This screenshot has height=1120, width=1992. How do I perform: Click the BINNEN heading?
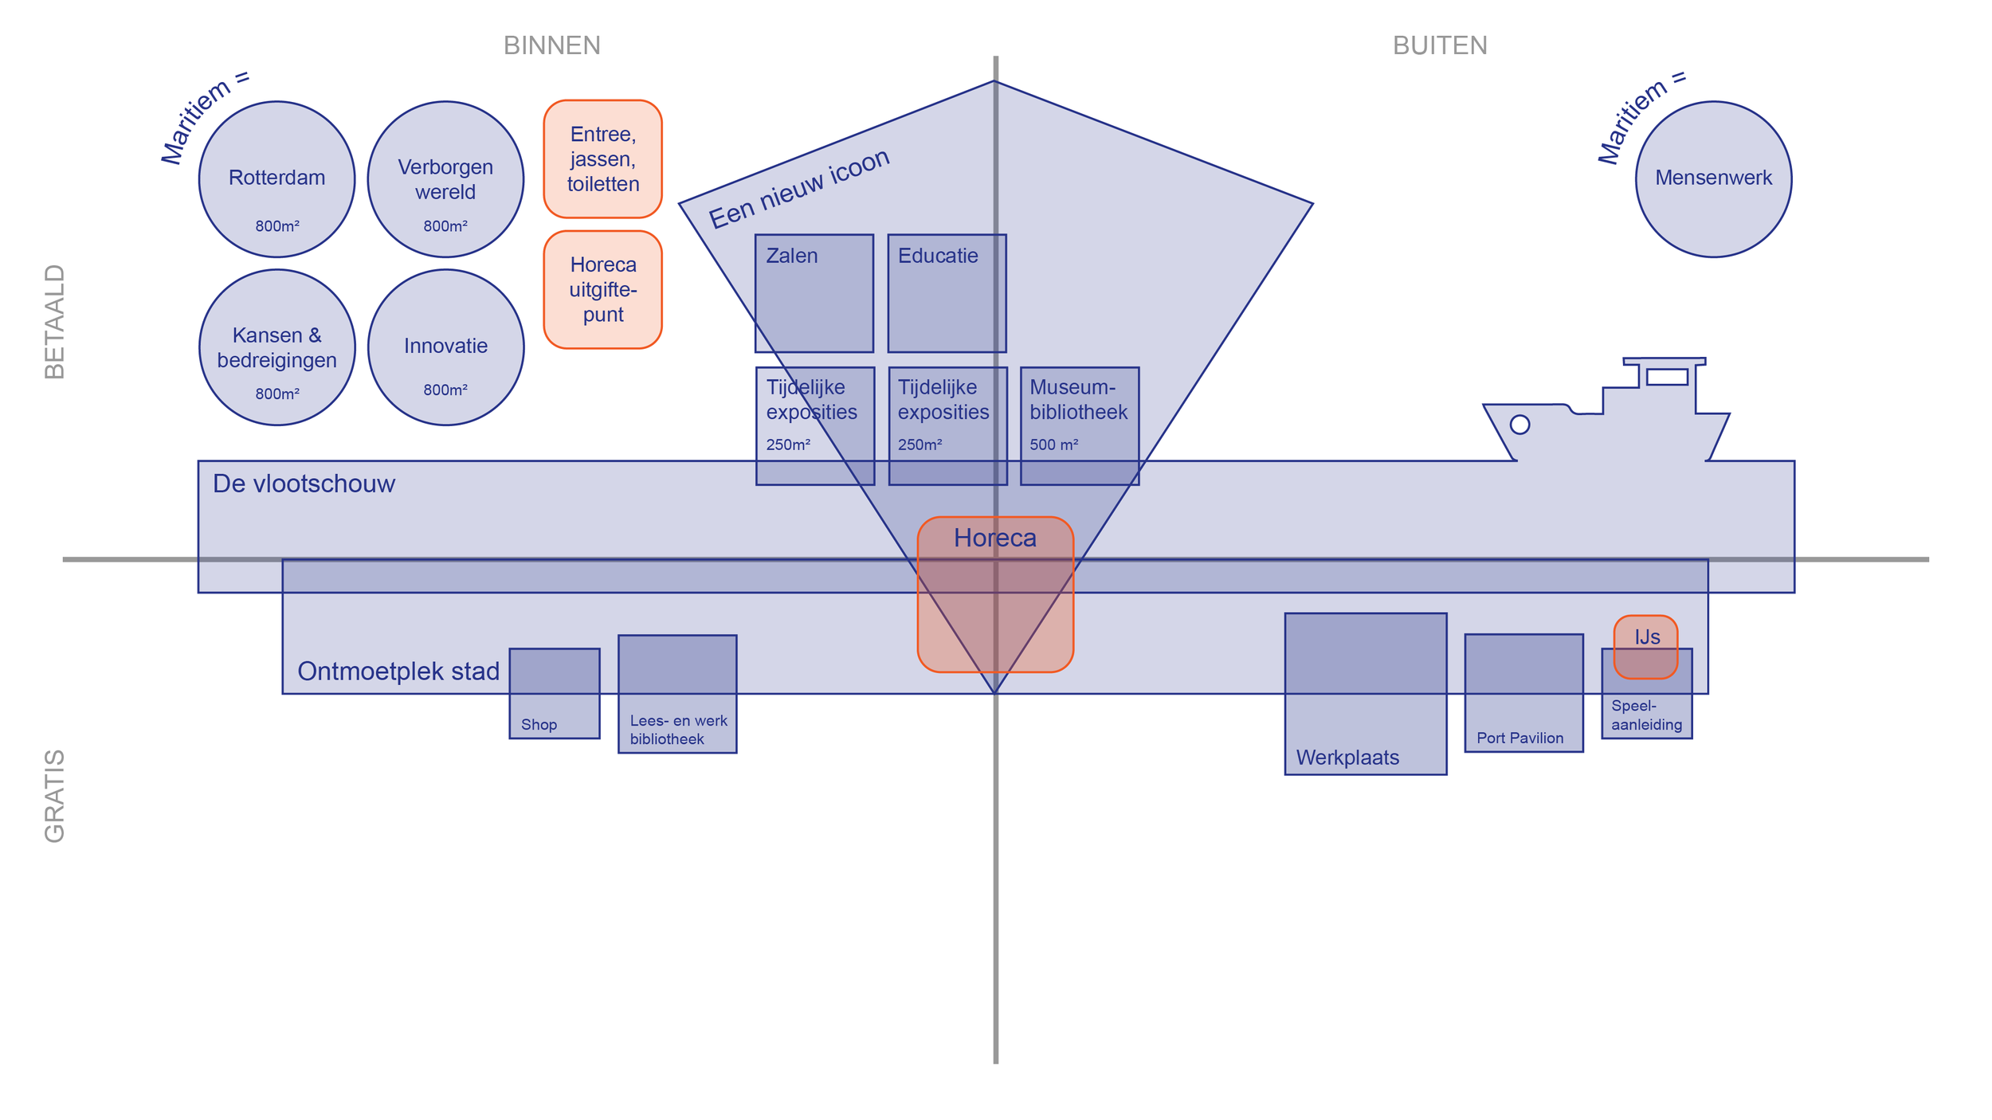coord(551,45)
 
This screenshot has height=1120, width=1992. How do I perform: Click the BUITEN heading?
coord(1439,45)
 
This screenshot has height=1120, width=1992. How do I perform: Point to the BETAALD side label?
coord(54,322)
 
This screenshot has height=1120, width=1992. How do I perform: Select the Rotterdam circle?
coord(276,179)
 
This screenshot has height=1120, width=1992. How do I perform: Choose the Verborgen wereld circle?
coord(445,179)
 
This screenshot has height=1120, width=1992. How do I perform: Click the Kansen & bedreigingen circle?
coord(276,347)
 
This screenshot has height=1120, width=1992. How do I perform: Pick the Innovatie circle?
coord(445,347)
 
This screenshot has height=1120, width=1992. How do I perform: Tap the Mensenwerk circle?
coord(1713,179)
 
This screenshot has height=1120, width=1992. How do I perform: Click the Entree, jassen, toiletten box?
coord(602,159)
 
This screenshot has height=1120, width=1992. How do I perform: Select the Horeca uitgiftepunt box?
coord(602,290)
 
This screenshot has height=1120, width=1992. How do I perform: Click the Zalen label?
coord(791,256)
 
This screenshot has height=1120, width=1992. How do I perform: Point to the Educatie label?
coord(937,256)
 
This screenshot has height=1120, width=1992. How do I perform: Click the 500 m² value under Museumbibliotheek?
coord(1053,444)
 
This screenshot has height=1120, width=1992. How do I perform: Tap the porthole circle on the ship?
coord(1519,425)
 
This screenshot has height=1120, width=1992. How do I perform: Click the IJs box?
coord(1646,637)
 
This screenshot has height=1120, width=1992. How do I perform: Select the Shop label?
coord(539,725)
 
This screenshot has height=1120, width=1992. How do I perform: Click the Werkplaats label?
coord(1347,758)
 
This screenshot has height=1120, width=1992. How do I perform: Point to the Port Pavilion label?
coord(1519,738)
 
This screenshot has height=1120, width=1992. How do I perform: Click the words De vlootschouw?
coord(304,484)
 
